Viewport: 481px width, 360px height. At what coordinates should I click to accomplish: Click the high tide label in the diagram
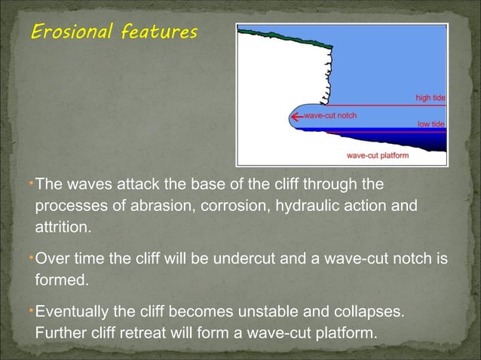coord(430,98)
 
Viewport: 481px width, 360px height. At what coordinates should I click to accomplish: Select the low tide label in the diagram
coord(431,124)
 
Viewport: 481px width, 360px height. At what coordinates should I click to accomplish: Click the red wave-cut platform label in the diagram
coord(377,155)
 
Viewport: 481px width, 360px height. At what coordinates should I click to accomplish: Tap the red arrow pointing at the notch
coord(296,117)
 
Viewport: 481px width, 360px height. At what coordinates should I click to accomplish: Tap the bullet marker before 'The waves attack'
coord(32,183)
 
